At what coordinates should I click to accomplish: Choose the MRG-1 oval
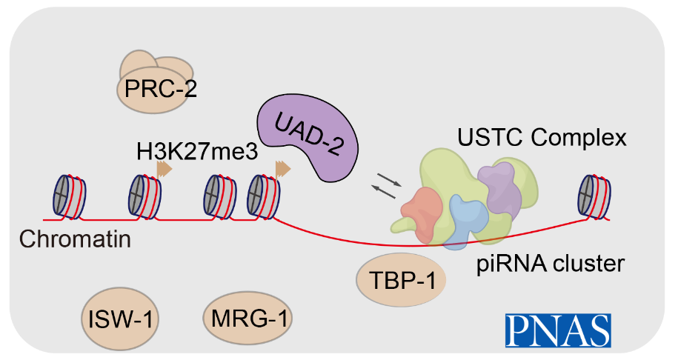tap(247, 319)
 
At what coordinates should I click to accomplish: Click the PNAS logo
tap(558, 330)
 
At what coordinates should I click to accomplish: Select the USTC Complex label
tap(542, 137)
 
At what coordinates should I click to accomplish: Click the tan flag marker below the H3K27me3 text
tap(164, 170)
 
